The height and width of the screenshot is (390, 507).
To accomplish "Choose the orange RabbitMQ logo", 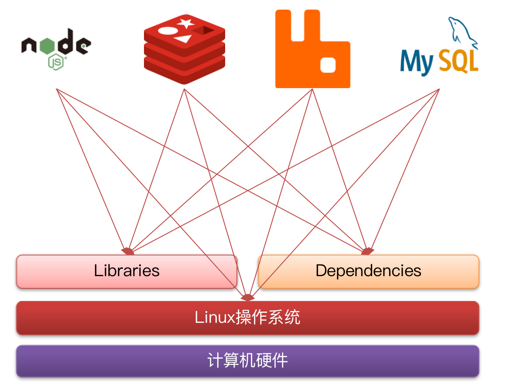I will point(312,49).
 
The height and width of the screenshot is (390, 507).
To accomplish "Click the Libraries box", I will point(127,271).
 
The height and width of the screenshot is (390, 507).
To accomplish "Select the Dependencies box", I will point(368,271).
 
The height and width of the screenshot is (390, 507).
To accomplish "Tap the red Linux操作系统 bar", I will point(247,318).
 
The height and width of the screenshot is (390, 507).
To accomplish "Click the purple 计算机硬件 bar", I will point(247,361).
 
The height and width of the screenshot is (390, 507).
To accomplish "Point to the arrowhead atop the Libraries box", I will point(128,251).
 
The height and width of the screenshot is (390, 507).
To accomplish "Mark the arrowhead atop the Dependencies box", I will point(367,251).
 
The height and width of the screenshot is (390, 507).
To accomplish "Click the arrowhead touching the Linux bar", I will point(247,298).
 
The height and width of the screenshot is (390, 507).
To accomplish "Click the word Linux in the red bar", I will point(215,318).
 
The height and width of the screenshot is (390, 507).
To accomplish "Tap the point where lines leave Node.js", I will point(57,89).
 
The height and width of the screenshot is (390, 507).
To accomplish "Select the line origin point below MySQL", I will point(439,89).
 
